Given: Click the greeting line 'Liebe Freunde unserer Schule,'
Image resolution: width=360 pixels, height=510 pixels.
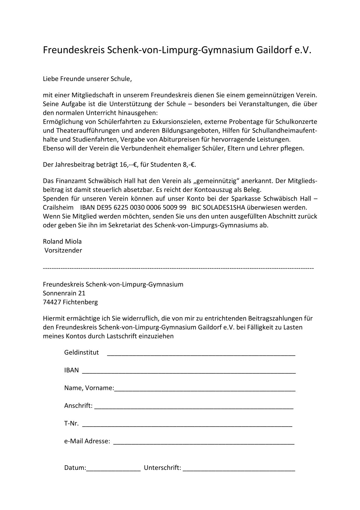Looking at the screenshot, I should coord(87,79).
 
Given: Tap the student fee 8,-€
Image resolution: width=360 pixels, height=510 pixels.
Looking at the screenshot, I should coord(189,165).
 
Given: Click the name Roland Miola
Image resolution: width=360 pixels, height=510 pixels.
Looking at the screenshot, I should coord(62,241).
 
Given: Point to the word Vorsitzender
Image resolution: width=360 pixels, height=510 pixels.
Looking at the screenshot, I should coord(63,250).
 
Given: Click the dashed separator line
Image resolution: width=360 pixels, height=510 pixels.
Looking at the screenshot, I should coord(178,268).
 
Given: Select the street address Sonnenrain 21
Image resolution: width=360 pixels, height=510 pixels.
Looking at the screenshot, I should coord(64,293).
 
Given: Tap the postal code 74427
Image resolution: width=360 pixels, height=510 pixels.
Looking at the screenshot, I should coord(52,302).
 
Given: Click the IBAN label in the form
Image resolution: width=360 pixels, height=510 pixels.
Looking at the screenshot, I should coord(71,370).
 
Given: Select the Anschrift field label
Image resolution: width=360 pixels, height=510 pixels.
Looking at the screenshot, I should coord(78,406).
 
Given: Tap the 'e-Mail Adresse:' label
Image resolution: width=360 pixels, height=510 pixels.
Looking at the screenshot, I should coord(87,441).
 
